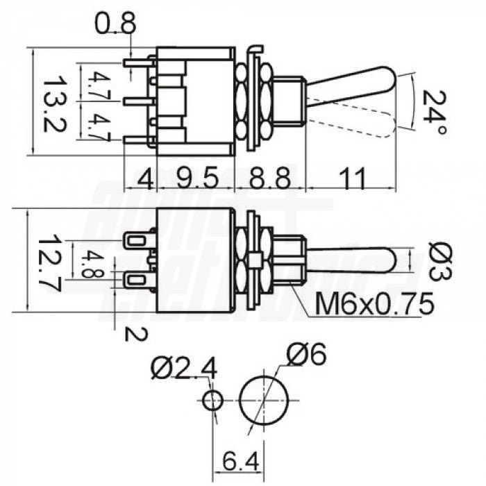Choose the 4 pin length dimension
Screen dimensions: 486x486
[x=145, y=178]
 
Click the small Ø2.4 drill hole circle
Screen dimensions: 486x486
[x=213, y=401]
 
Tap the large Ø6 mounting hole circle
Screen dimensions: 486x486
[x=265, y=401]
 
